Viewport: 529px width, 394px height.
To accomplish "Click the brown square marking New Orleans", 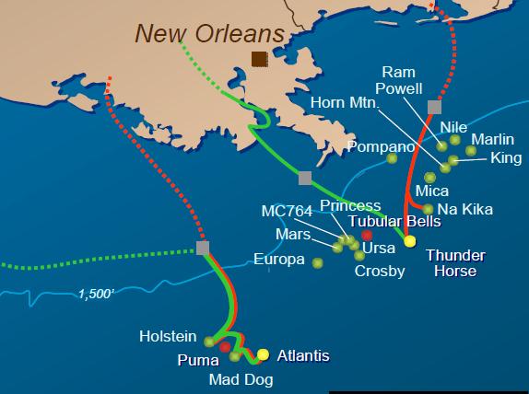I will coord(261,59).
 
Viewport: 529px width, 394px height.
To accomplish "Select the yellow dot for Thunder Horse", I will coord(410,240).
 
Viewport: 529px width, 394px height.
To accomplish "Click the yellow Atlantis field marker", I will coord(263,354).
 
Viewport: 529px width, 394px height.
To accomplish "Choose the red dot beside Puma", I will coord(225,347).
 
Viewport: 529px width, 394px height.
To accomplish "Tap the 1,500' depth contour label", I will coord(98,295).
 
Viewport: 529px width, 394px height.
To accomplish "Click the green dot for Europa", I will coord(317,262).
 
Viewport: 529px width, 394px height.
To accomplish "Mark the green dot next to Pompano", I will coord(392,158).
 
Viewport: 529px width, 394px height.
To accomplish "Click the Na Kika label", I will coord(464,210).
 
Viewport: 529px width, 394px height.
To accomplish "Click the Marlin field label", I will coord(492,139).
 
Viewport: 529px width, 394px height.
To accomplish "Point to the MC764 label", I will coord(287,211).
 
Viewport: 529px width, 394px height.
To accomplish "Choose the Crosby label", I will coord(380,271).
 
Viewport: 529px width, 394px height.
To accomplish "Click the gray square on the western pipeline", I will coord(203,248).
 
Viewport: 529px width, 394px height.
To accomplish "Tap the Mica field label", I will coord(432,191).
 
